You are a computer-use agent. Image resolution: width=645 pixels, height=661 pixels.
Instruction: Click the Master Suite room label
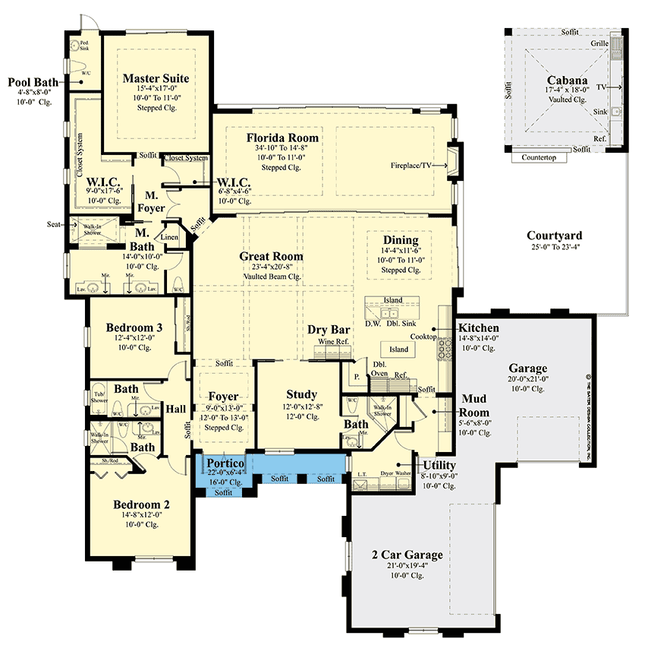(156, 78)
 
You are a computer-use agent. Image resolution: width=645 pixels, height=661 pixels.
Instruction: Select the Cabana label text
(566, 81)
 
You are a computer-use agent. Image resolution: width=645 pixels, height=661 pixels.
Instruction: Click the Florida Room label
(282, 138)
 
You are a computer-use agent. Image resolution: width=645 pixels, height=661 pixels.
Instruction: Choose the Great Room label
(272, 256)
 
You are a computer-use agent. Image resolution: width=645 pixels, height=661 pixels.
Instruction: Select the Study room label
(301, 394)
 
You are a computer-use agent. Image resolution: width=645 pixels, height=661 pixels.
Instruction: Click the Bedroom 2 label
(141, 504)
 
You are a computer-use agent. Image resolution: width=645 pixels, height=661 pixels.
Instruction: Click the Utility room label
(439, 465)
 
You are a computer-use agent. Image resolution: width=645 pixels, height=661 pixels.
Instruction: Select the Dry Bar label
(329, 330)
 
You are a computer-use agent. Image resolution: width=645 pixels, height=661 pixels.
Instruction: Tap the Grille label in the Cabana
(599, 43)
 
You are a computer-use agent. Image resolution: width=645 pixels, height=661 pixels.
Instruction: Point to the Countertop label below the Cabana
(540, 158)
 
